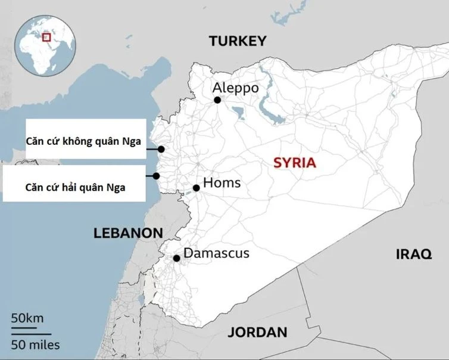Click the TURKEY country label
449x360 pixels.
236,41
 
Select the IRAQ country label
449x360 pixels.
413,255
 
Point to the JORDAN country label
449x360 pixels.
257,333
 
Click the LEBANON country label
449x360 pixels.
128,233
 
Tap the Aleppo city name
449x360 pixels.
236,88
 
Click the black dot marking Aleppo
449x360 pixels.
217,100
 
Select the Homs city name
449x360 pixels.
222,182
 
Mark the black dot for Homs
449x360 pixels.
196,188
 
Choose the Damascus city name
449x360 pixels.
216,253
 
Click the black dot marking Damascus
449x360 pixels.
176,258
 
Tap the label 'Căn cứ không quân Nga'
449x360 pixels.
83,141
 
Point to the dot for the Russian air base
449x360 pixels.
161,149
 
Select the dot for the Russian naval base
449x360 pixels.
156,176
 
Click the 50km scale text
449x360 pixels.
27,318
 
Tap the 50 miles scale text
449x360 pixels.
35,345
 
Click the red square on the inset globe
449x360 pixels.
46,37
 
